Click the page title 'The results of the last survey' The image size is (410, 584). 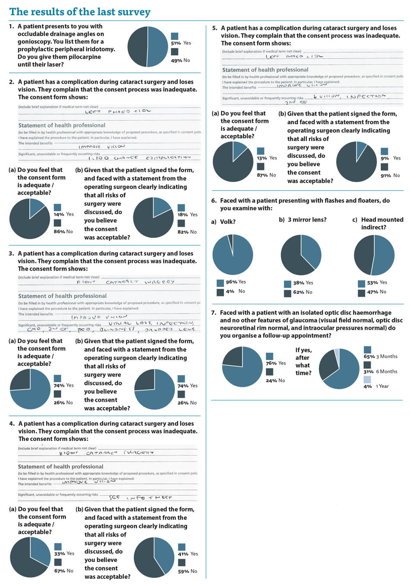[80, 12]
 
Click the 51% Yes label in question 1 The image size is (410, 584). [181, 43]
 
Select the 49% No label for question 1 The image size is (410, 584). [180, 60]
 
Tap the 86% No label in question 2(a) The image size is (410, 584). [63, 231]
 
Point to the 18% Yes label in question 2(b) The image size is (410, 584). [187, 214]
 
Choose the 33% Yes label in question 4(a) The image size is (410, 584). [64, 553]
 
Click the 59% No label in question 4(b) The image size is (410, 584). [187, 571]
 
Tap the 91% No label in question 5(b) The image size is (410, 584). [390, 175]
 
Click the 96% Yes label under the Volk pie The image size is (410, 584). [236, 282]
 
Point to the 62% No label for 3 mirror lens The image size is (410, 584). [303, 292]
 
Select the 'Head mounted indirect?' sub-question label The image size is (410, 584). [378, 223]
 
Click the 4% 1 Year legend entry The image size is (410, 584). [376, 386]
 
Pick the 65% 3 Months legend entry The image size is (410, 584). [380, 356]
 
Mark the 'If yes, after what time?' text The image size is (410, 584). [303, 361]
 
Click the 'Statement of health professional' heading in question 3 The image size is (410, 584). [62, 296]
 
